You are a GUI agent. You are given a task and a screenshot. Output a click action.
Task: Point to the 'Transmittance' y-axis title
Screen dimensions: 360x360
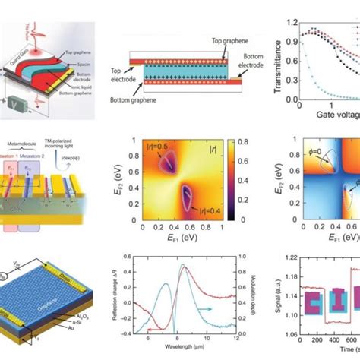(x=279, y=57)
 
